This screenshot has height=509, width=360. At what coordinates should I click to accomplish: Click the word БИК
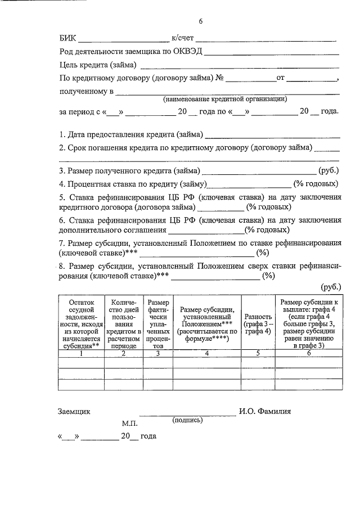coord(67,39)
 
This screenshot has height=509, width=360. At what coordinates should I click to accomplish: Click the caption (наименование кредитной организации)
coord(225,99)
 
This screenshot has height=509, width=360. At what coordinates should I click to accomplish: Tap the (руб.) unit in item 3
coord(328,170)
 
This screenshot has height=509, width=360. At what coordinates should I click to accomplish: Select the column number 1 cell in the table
coord(81,353)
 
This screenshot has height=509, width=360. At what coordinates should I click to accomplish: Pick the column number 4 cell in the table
coord(206,353)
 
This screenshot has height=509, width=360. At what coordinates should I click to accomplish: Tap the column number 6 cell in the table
coord(308,353)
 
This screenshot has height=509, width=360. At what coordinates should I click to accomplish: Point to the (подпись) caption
coord(187,420)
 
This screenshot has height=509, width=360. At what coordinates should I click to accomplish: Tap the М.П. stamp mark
coord(129,422)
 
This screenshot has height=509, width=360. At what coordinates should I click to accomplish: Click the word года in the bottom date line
coord(147,436)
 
